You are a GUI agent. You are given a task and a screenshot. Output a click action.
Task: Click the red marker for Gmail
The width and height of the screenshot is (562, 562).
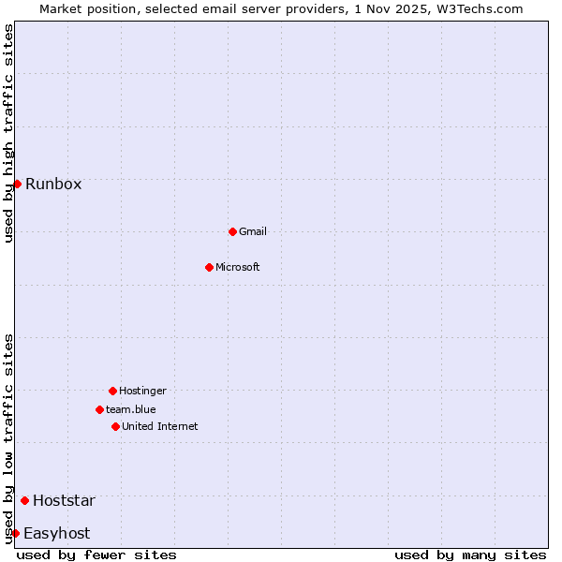(232, 231)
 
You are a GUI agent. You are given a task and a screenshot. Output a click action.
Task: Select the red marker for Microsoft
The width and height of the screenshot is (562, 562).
(210, 267)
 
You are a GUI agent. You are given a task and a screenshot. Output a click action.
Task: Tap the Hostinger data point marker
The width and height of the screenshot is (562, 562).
(112, 391)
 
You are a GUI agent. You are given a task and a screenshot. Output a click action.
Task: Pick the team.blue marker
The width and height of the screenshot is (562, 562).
(99, 409)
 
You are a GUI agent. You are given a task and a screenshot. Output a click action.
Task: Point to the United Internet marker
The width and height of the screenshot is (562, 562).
(115, 426)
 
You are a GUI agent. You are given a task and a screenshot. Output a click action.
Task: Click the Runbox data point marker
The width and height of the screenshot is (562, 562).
(17, 184)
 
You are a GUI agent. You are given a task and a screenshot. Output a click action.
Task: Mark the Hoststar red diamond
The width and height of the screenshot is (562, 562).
(24, 500)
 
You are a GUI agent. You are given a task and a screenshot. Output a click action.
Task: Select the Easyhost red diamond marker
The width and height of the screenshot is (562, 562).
(15, 533)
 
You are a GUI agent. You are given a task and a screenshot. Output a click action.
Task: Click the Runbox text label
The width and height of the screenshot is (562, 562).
(53, 184)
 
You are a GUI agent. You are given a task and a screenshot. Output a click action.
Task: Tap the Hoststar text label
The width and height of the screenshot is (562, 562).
(64, 500)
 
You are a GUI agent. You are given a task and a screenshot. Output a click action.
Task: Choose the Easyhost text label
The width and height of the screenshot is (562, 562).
(56, 533)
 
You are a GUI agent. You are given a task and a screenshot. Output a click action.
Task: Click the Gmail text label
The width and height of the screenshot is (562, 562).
(253, 231)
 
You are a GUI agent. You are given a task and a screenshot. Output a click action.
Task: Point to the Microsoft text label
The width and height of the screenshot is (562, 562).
(238, 267)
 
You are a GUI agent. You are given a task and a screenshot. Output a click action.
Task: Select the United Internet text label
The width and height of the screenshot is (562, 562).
(160, 426)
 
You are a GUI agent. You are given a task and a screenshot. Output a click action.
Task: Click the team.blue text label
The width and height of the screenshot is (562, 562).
(131, 409)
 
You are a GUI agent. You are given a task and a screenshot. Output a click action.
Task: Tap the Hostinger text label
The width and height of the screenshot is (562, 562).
(142, 391)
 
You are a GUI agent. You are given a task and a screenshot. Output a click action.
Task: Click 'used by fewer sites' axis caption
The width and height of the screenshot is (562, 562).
(96, 555)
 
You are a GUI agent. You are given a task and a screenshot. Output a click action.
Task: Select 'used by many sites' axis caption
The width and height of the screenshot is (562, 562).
(470, 555)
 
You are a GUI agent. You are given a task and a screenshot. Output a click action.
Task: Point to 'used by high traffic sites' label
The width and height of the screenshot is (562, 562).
(8, 133)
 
